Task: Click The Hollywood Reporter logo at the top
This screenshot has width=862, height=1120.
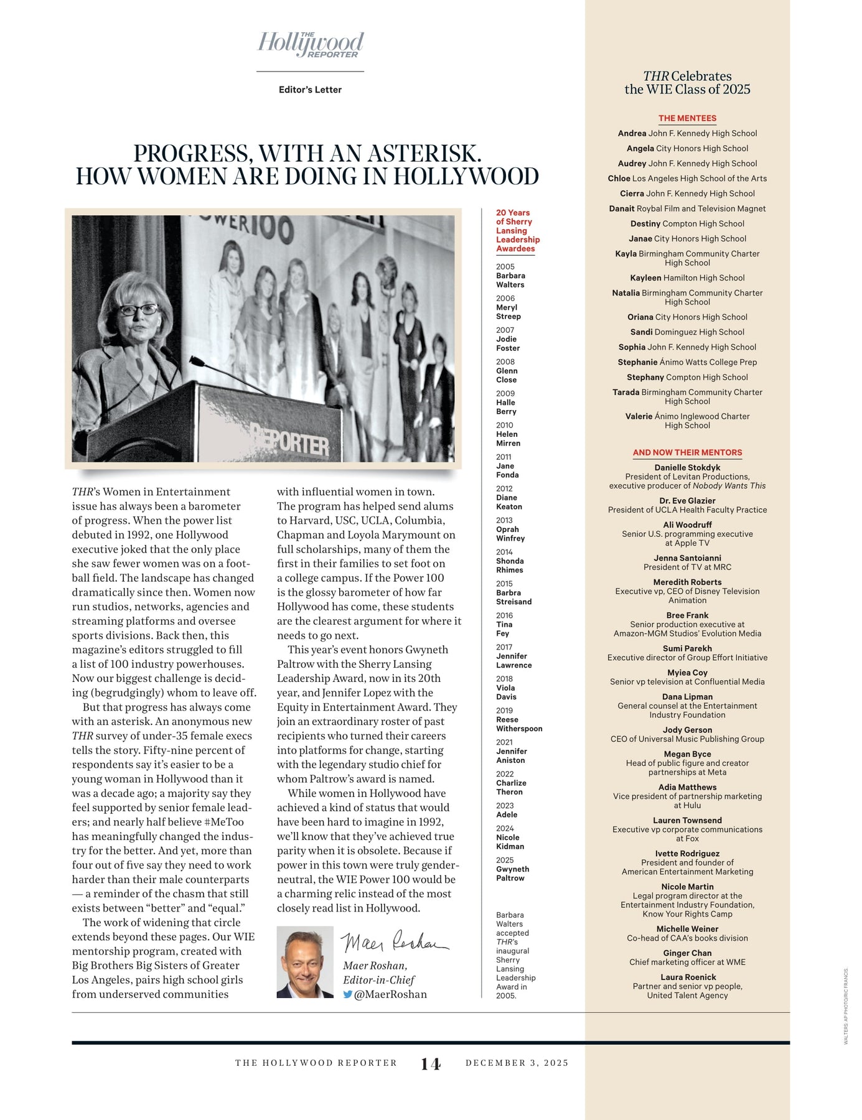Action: click(x=311, y=45)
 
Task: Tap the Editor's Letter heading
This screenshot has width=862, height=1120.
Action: click(x=310, y=90)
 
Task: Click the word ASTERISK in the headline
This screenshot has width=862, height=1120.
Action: click(x=424, y=154)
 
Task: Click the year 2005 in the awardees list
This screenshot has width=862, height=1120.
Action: click(x=505, y=266)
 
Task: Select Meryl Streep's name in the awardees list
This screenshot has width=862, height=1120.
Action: click(x=508, y=312)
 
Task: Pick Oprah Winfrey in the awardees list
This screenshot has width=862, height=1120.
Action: click(x=510, y=534)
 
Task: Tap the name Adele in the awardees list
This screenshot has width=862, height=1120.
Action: click(x=507, y=814)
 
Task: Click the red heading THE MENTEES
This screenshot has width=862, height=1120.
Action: click(x=687, y=118)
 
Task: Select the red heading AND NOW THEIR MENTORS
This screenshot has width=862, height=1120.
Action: click(x=687, y=452)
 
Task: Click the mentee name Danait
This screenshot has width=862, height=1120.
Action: click(x=622, y=208)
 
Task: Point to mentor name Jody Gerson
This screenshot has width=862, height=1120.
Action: click(x=687, y=730)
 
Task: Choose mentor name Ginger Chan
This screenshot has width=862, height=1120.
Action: click(x=687, y=953)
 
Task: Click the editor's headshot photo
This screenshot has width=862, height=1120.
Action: click(x=305, y=962)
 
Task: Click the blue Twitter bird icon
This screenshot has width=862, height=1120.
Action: click(x=347, y=994)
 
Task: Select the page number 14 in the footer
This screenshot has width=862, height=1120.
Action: click(x=431, y=1063)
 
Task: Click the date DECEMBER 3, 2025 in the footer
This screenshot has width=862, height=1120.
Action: click(x=517, y=1063)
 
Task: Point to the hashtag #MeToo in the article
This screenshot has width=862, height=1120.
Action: click(x=223, y=822)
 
